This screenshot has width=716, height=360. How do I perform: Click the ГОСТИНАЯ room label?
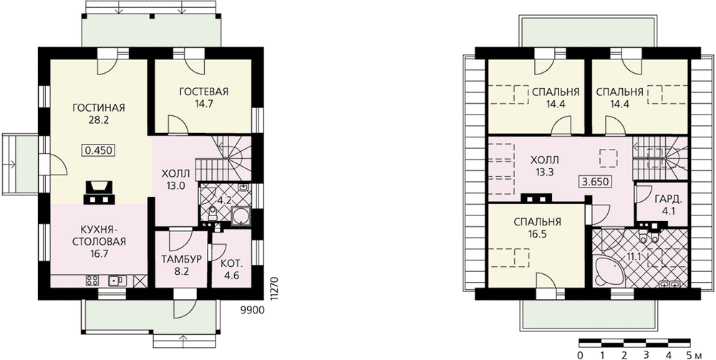pos(99,108)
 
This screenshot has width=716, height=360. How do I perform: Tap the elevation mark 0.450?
pos(98,150)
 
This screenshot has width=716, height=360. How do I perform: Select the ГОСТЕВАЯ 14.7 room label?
pos(203,97)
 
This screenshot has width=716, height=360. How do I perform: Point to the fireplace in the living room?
pos(98,192)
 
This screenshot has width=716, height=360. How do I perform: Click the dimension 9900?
pos(252,311)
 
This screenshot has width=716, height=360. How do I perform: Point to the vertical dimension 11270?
pos(274,287)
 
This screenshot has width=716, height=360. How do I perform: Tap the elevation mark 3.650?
pos(594,182)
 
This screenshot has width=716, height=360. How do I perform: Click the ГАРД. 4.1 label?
pos(669,205)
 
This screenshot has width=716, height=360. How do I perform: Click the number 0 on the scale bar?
pos(580,354)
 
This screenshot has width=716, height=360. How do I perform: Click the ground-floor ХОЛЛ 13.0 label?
pos(175,180)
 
